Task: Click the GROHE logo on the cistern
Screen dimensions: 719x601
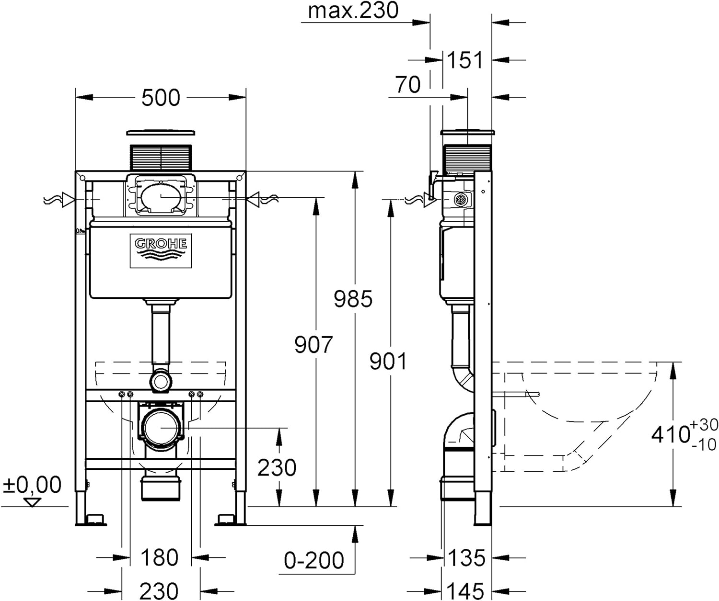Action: coord(161,251)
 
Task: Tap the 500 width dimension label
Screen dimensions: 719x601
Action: coord(161,98)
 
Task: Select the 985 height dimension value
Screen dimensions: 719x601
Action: coord(353,299)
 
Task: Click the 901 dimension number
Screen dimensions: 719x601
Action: coord(388,361)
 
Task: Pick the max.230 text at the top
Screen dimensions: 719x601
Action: coord(353,11)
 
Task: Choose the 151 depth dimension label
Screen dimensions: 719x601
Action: coord(465,60)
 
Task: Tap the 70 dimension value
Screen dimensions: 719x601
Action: coord(408,84)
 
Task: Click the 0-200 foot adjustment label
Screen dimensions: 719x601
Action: coord(313,560)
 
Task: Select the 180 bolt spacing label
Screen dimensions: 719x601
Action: coord(160,557)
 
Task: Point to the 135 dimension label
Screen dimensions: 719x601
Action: coord(466,557)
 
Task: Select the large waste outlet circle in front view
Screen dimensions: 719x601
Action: coord(161,428)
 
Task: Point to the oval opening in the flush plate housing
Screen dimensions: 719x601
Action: coord(161,197)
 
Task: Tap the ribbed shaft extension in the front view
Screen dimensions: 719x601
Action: coord(161,157)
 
